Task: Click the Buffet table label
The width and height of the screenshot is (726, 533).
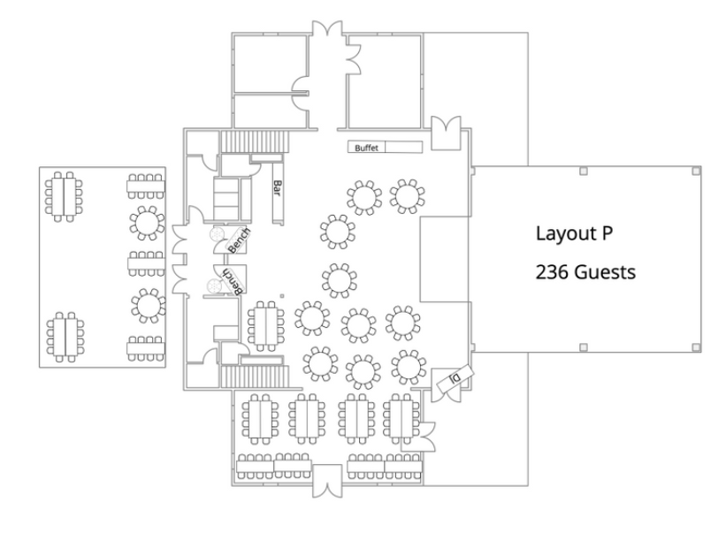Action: pyautogui.click(x=366, y=148)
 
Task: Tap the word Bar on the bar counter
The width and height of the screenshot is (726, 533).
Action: pyautogui.click(x=277, y=188)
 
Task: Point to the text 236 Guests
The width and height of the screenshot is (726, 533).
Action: pyautogui.click(x=585, y=273)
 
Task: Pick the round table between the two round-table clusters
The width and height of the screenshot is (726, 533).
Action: pyautogui.click(x=338, y=280)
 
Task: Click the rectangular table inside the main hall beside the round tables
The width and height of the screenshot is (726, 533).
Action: pyautogui.click(x=264, y=324)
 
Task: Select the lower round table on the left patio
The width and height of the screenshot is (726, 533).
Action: pyautogui.click(x=147, y=306)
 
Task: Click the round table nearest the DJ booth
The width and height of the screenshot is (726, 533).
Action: pyautogui.click(x=407, y=364)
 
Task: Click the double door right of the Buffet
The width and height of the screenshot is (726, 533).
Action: pyautogui.click(x=446, y=131)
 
